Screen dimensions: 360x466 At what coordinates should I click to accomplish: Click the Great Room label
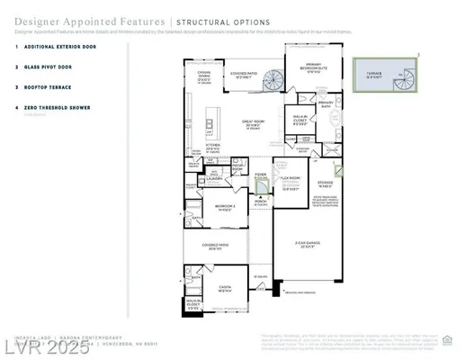pyautogui.click(x=255, y=122)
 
